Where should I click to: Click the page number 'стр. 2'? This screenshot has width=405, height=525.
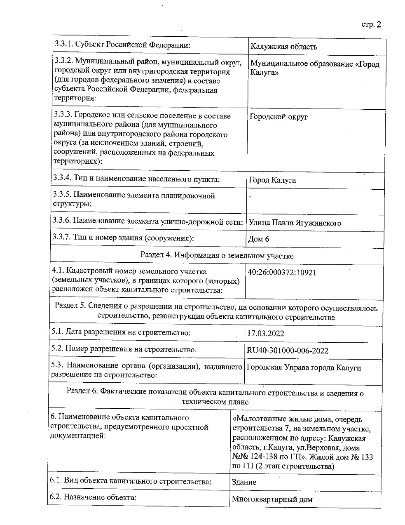pos(371,24)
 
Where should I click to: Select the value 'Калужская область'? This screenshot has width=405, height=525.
pos(284,47)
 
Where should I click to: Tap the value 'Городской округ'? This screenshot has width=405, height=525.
pos(279,117)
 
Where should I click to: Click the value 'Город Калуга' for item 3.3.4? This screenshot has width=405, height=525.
pos(272,180)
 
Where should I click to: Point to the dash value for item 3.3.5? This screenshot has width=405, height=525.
pos(250,197)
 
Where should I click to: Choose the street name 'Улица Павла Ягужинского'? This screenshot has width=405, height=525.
pos(295,223)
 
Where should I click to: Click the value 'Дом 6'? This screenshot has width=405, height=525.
pos(259,239)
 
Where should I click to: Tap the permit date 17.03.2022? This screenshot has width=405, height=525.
pos(265,333)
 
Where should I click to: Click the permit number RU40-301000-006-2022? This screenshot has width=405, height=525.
pos(288,351)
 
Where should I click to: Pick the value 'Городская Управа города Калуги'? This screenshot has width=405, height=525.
pos(303,367)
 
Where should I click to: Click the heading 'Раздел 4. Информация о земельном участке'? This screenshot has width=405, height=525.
pos(217,255)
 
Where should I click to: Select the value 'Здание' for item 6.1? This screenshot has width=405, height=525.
pos(244,482)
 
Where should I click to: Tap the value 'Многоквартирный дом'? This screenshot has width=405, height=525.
pos(272,499)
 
